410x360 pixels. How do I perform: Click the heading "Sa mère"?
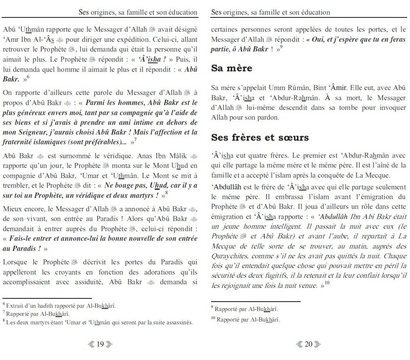pos(231,68)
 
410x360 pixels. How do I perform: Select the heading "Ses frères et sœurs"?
pos(260,137)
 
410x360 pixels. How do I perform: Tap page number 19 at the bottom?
pos(100,344)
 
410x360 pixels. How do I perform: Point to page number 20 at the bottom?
pos(308,344)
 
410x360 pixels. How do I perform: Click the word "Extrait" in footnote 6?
pos(15,305)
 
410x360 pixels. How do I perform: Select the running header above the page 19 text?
pos(138,12)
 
